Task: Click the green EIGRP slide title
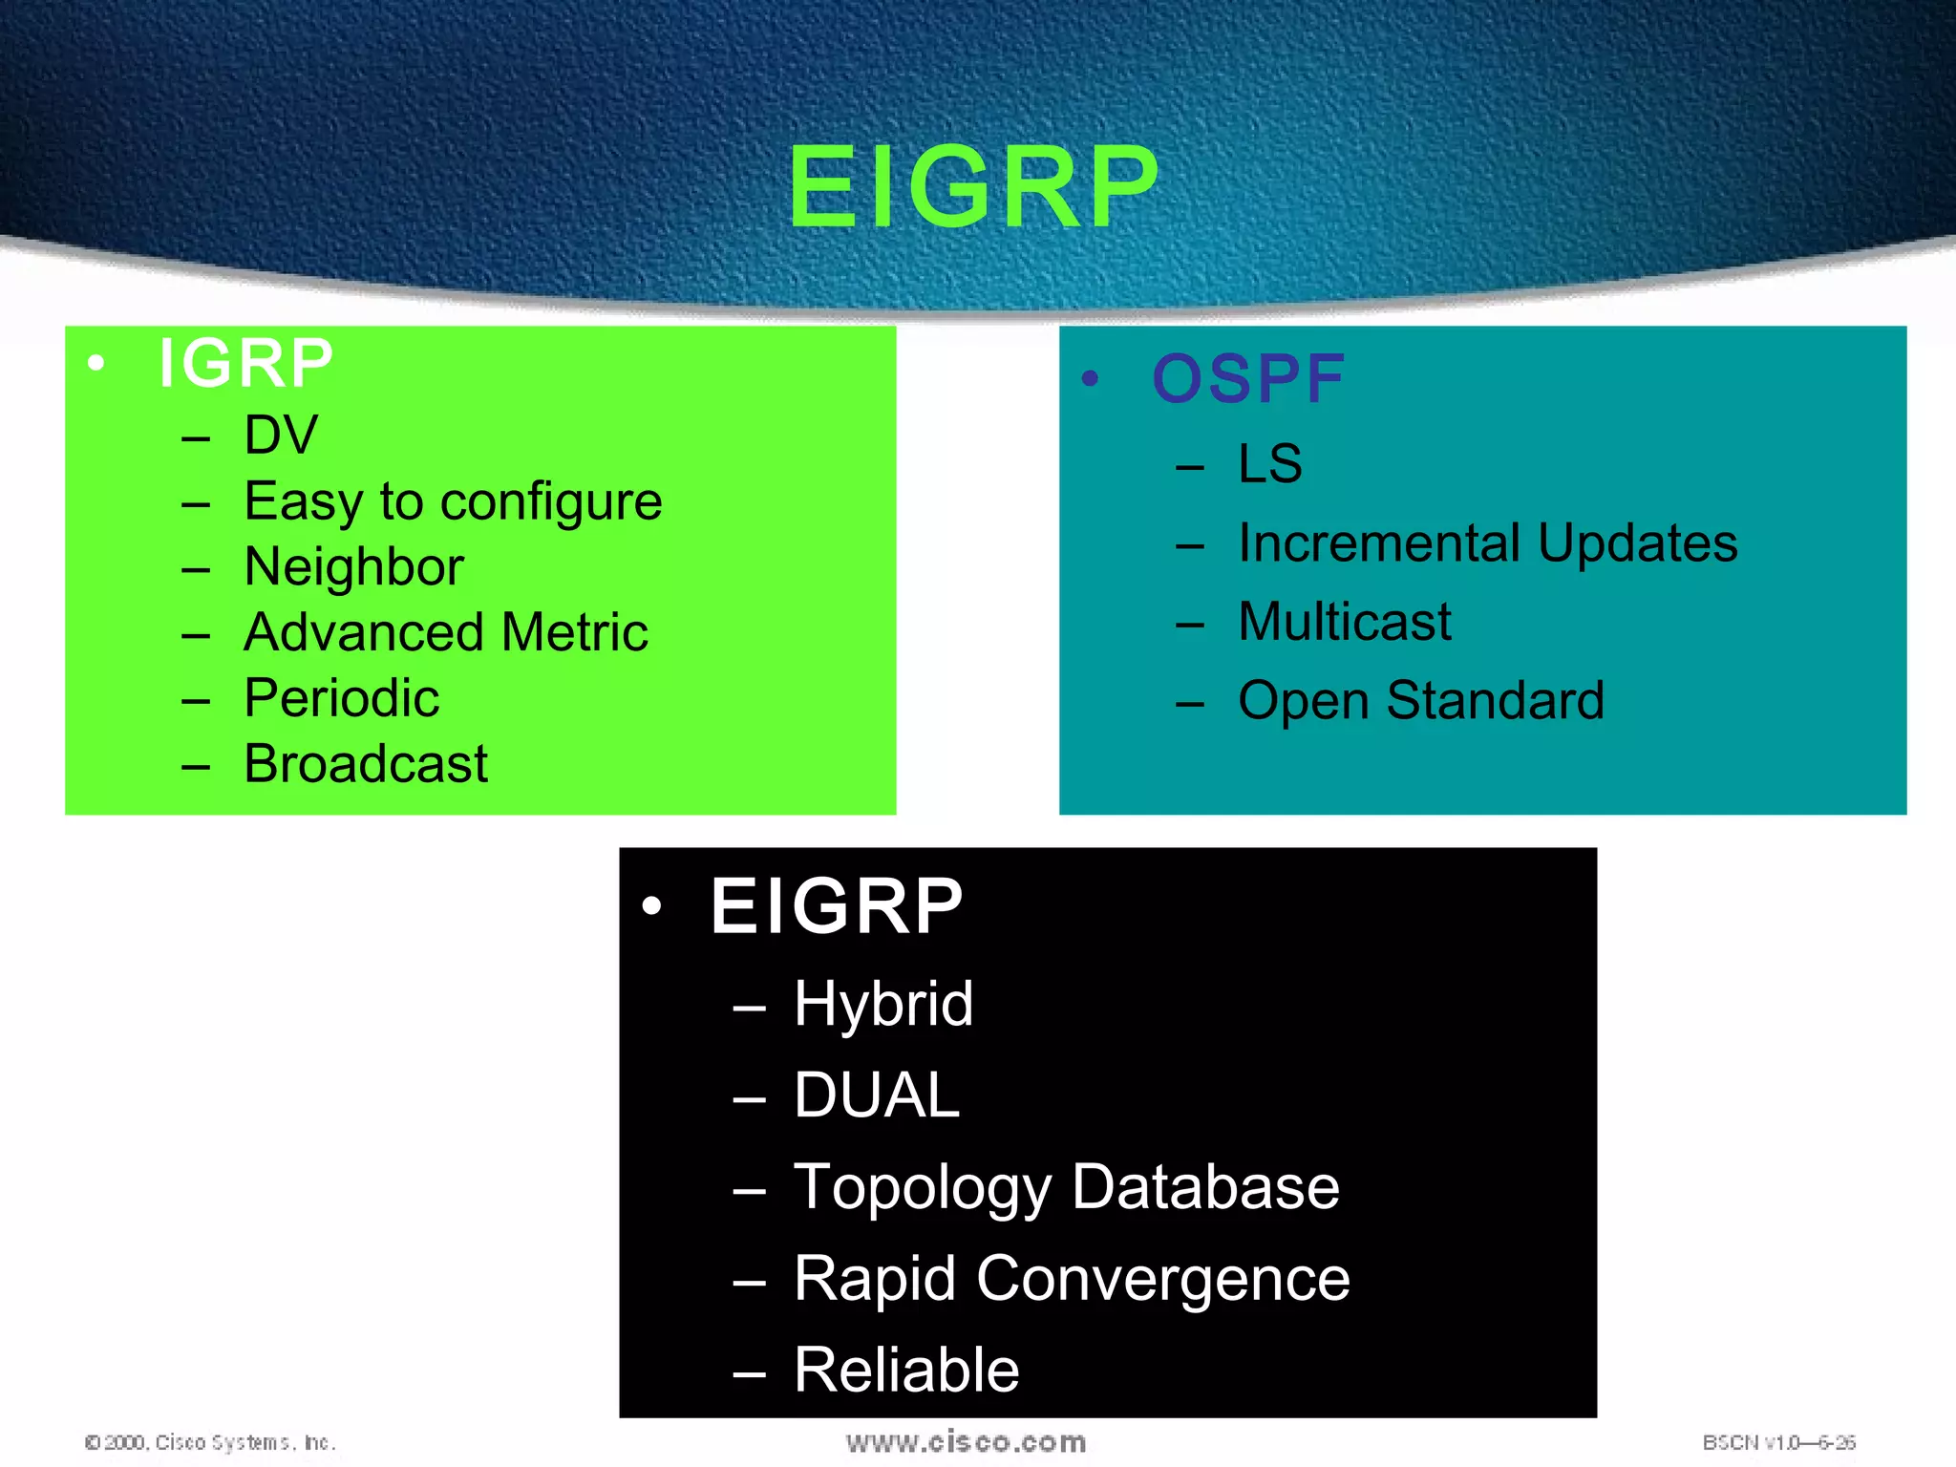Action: [972, 187]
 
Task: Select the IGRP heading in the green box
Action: [245, 364]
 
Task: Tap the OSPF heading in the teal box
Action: [1247, 379]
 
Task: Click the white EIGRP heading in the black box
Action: [836, 906]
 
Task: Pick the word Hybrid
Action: [882, 1005]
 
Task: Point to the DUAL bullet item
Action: [876, 1095]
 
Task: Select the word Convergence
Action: [1162, 1279]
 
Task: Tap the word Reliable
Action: [905, 1371]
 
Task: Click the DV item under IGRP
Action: [280, 436]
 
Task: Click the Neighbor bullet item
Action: [353, 567]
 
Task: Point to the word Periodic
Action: [341, 698]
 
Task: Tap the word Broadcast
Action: [365, 764]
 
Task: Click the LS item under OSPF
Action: [1268, 464]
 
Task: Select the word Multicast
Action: [1344, 622]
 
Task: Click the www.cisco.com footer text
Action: [966, 1442]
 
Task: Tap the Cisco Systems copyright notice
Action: [210, 1442]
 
